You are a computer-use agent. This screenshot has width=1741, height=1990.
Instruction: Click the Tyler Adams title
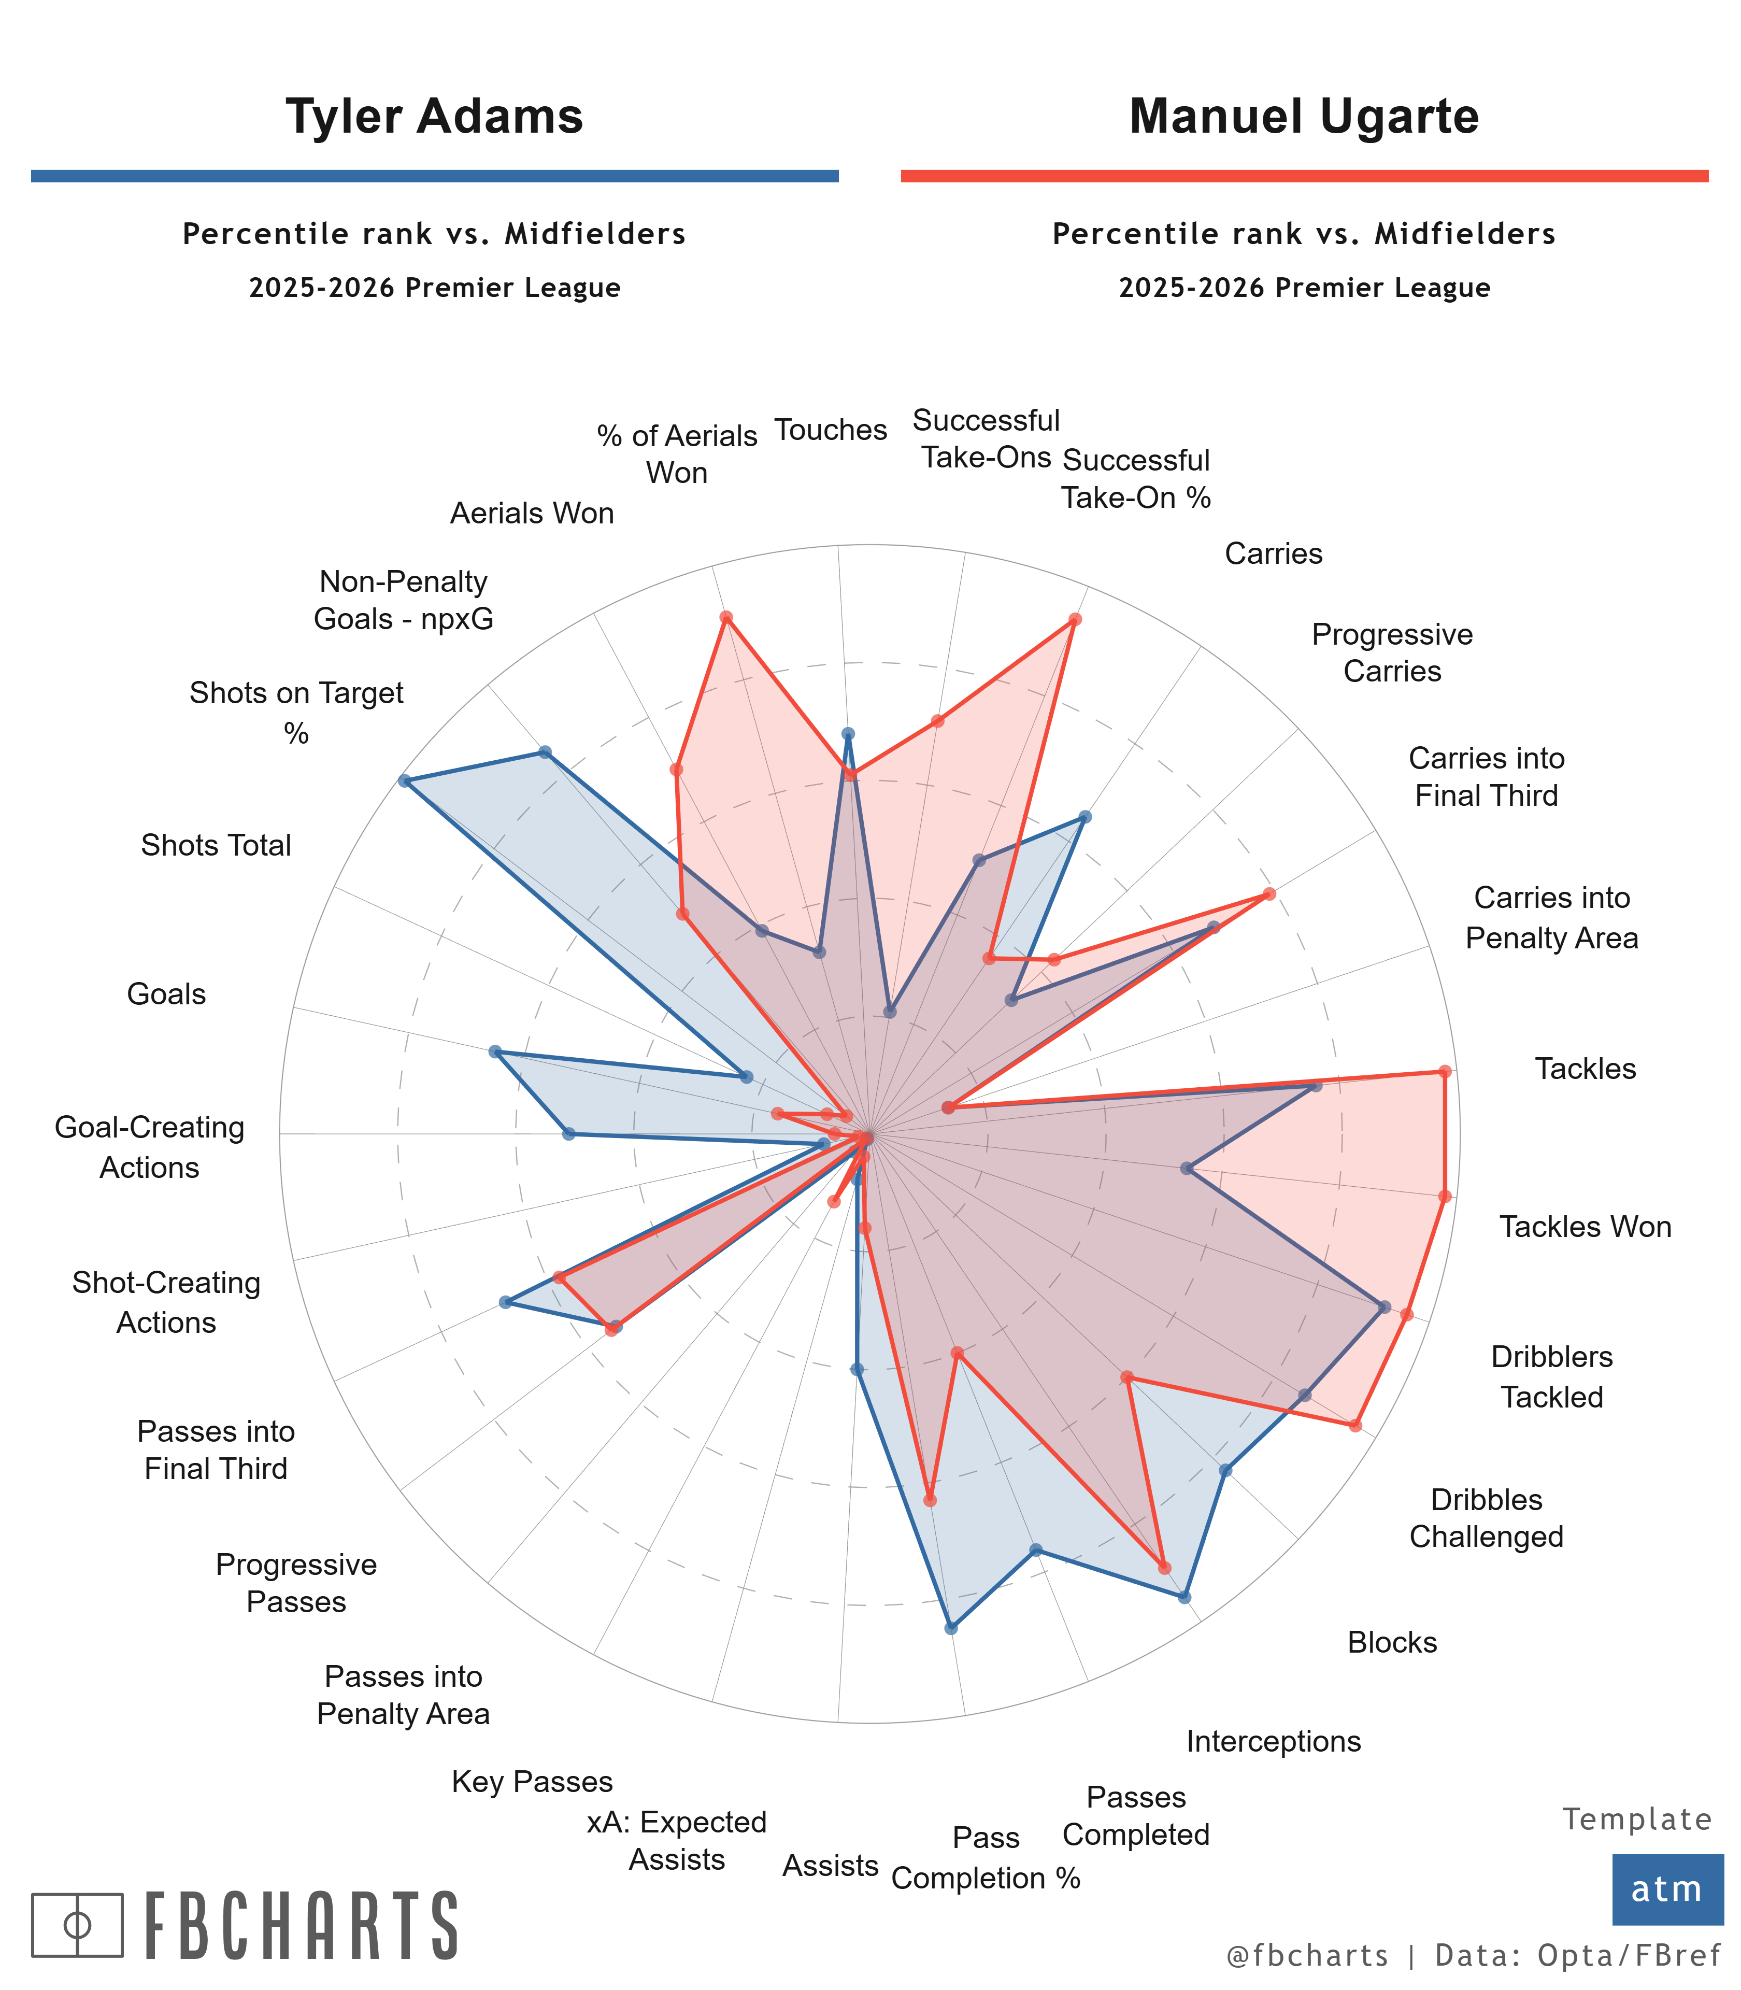434,117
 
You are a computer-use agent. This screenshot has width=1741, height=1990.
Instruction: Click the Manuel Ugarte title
1304,117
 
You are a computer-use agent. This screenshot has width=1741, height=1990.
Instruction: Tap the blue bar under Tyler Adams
434,176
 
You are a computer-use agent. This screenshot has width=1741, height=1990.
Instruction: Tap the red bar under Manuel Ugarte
1304,176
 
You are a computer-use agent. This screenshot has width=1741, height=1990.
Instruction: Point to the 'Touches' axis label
831,430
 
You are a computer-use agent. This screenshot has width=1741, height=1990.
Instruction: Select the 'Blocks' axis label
1391,1642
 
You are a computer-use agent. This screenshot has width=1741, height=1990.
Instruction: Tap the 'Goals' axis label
166,994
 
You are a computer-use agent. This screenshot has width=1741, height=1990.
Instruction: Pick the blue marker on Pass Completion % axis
951,1628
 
